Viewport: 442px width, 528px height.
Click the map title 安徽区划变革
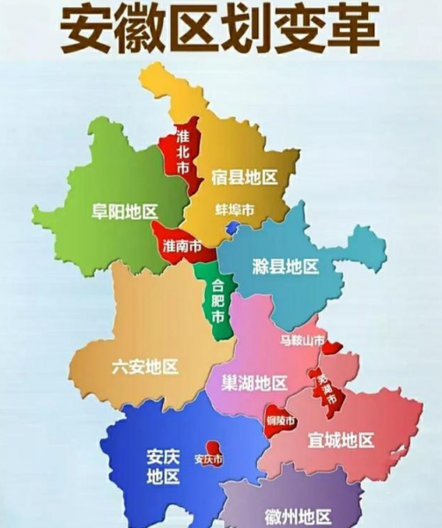219,30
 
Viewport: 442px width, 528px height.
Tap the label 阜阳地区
124,211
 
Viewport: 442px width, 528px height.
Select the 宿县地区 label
244,178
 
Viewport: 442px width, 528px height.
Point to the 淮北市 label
182,150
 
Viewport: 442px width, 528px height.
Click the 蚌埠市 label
234,210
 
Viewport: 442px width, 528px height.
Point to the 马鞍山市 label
302,340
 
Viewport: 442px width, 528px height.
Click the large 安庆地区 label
163,467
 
